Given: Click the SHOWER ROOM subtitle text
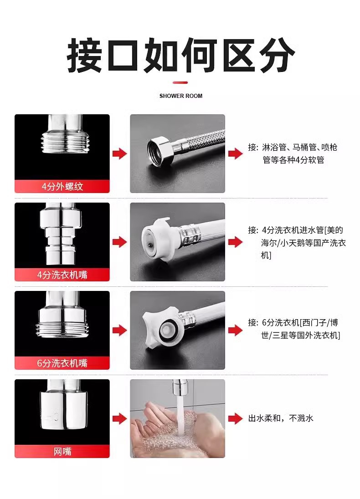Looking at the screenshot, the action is coord(180,96).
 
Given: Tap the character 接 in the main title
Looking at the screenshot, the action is coord(84,55).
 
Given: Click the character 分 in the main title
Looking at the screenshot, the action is coord(277,55).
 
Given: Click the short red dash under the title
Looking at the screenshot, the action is coord(180,83).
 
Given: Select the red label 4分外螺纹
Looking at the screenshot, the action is coord(62,187).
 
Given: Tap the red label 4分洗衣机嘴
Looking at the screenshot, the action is coord(62,275).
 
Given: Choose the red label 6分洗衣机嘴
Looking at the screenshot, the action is coord(62,363).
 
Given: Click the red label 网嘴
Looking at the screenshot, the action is coord(62,451).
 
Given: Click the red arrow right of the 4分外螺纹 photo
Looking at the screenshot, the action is coord(119,154).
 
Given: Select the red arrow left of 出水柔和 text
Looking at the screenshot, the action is coord(235,418).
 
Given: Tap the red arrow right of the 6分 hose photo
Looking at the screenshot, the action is coord(235,331).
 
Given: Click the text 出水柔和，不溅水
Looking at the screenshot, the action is coord(281,418).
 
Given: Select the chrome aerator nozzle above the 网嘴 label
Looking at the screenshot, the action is coord(63,408).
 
